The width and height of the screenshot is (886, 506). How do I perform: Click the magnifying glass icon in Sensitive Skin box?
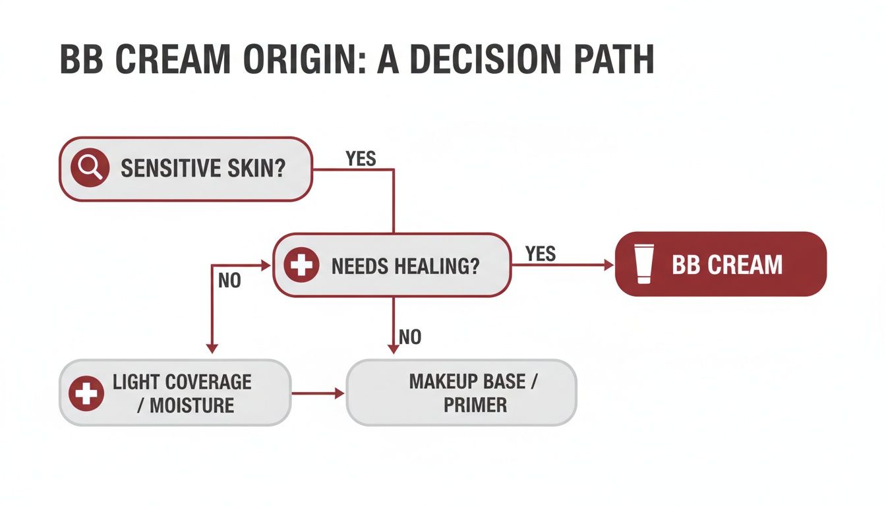coord(90,169)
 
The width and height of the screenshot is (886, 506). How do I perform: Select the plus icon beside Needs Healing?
coord(301,266)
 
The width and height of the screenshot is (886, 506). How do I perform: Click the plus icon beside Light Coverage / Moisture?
coord(86,393)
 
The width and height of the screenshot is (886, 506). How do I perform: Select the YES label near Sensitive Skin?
coord(361,159)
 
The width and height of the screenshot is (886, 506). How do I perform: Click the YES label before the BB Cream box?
coord(541,254)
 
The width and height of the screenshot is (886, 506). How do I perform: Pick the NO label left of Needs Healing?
coord(229,281)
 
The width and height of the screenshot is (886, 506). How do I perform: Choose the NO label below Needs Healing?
coord(409,338)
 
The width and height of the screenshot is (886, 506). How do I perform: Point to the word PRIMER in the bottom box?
coord(475,405)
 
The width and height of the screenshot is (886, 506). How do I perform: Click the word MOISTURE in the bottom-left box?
coord(192,405)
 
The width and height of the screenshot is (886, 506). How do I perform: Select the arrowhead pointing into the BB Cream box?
coord(609,265)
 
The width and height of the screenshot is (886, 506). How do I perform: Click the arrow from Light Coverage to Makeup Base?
coord(318,393)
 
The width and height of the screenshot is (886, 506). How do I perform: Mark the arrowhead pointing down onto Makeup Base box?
coord(394,349)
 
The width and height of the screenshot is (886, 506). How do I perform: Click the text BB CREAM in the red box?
coord(727,265)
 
